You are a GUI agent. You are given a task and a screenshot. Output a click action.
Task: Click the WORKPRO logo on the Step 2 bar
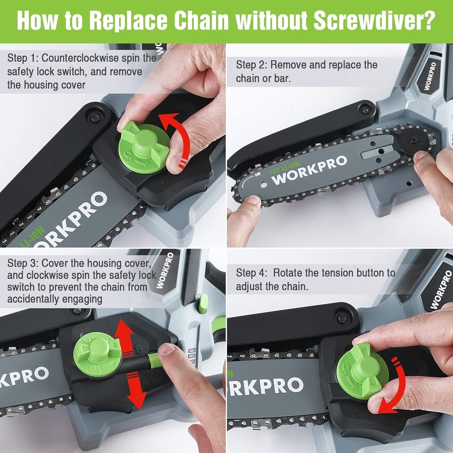pyautogui.click(x=309, y=170)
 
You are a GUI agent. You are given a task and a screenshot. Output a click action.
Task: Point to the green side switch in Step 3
pyautogui.click(x=202, y=304)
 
